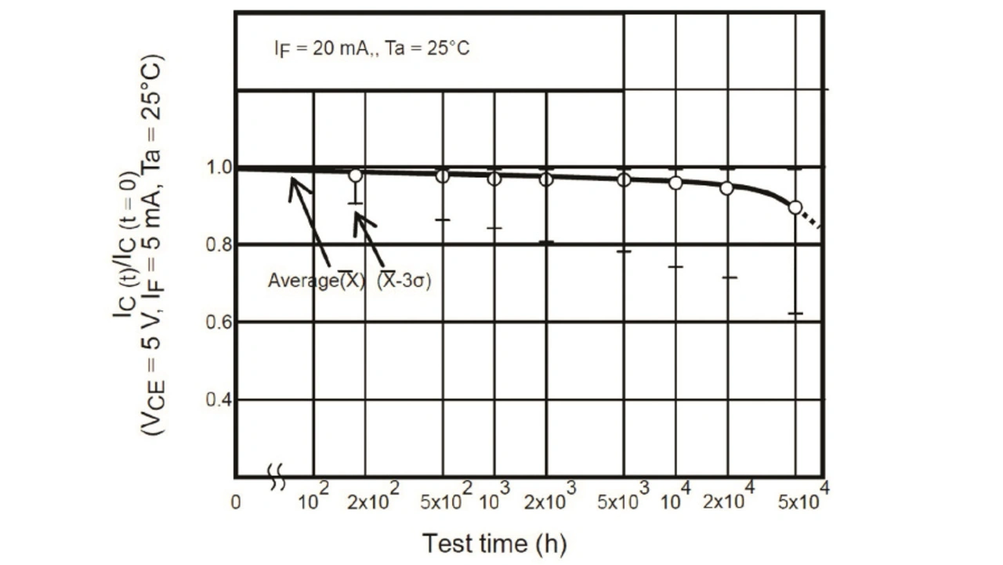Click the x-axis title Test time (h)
point(494,543)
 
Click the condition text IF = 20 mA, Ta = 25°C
point(371,49)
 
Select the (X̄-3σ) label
point(404,281)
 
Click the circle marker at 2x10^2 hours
point(356,176)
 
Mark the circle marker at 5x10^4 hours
point(795,208)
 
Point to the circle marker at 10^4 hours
point(675,183)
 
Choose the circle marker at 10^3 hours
point(494,179)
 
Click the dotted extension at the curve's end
point(812,220)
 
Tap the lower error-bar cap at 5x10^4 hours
point(795,313)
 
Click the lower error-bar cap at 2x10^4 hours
point(729,277)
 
